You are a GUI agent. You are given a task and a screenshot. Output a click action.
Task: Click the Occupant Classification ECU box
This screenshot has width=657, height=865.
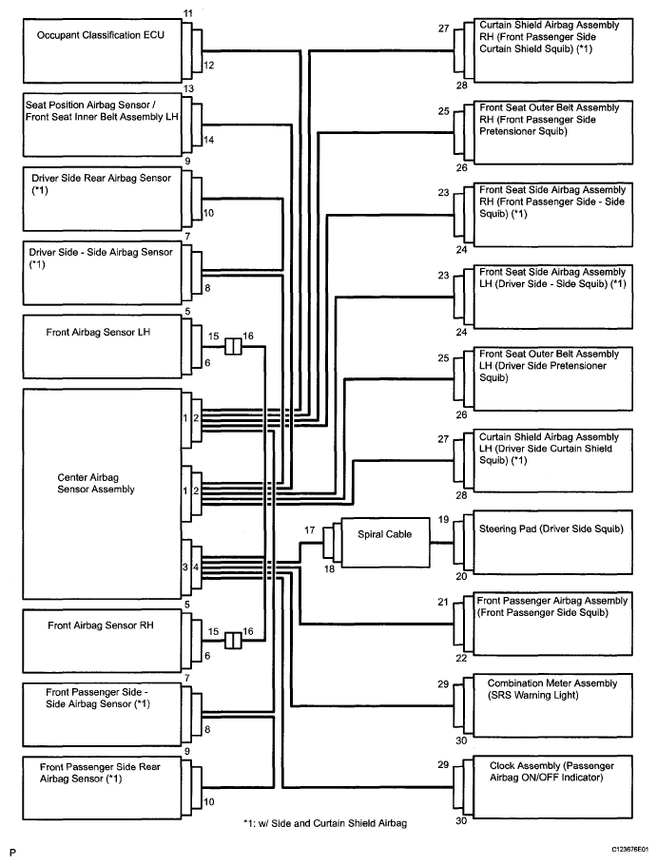[x=102, y=50]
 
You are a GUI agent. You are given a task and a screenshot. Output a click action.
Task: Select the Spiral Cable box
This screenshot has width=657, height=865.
[x=385, y=542]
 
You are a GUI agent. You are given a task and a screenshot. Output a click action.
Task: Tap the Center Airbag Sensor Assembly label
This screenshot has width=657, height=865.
[x=96, y=483]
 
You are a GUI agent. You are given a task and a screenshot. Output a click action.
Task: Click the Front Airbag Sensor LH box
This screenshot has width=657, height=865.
[x=102, y=346]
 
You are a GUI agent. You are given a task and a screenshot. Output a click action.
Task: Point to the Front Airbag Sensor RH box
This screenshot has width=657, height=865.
[x=102, y=641]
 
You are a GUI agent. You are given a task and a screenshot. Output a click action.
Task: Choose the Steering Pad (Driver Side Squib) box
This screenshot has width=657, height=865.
[x=552, y=542]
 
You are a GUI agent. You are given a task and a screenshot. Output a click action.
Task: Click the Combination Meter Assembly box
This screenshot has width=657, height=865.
[x=552, y=705]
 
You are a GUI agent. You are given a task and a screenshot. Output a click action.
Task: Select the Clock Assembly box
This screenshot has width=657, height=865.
[x=552, y=787]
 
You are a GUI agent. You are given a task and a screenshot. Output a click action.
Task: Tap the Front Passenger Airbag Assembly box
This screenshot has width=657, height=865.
[x=552, y=624]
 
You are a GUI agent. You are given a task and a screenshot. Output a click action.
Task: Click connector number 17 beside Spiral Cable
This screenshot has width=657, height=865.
[x=309, y=530]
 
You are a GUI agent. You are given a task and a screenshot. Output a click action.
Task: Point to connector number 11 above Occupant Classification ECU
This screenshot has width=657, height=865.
[x=188, y=12]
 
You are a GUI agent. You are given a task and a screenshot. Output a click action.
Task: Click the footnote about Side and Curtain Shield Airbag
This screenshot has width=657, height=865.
[x=325, y=823]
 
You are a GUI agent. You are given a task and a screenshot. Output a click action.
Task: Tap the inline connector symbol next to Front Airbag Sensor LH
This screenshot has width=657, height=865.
[x=233, y=346]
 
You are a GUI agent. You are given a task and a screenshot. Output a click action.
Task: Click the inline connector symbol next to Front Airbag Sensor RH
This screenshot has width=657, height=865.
[x=233, y=641]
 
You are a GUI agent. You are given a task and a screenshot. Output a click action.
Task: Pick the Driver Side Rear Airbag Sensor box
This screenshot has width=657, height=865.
[x=102, y=199]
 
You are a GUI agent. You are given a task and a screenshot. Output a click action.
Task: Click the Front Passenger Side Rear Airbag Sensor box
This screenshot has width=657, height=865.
[x=102, y=788]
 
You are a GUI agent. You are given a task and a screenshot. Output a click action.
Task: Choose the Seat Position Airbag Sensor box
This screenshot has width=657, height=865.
[x=102, y=125]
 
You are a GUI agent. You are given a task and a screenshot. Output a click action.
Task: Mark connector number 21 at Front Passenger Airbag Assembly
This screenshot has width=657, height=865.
[x=443, y=602]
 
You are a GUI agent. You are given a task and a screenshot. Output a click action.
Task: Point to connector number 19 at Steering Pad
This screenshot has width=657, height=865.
[x=443, y=519]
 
